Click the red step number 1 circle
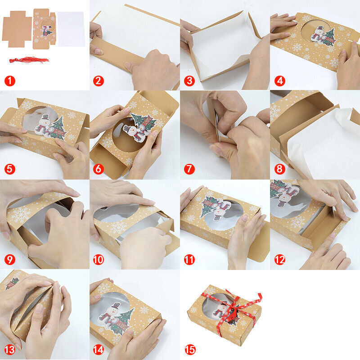click(x=9, y=81)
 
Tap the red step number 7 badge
click(x=189, y=169)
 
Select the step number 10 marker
click(x=98, y=260)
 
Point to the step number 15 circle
click(x=190, y=350)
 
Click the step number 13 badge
click(x=9, y=350)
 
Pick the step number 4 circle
click(x=279, y=81)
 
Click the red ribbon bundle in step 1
click(x=29, y=60)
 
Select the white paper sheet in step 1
click(x=72, y=29)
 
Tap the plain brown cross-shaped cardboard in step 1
click(x=17, y=29)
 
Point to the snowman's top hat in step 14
click(x=116, y=306)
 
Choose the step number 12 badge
click(x=279, y=260)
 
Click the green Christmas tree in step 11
click(x=207, y=206)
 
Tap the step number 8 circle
click(x=279, y=169)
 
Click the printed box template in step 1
click(x=44, y=28)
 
